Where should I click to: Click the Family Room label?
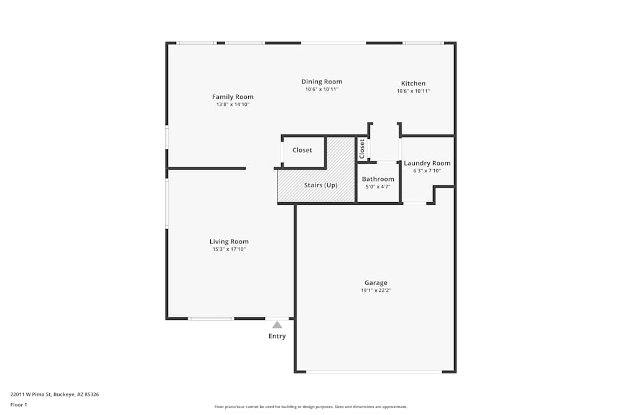(x=233, y=96)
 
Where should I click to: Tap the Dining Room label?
(x=322, y=82)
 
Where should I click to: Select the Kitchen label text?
(x=413, y=83)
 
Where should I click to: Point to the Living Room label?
(x=229, y=241)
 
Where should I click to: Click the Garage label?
(x=376, y=282)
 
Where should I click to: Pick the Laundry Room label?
(x=427, y=163)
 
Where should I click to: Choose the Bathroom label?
(x=378, y=179)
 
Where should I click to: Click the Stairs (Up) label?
(x=320, y=185)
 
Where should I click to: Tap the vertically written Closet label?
(x=362, y=149)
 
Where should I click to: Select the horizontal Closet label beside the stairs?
(x=302, y=150)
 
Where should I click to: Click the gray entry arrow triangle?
(x=277, y=324)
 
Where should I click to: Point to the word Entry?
(x=277, y=336)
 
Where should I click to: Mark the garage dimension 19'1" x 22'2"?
(x=376, y=290)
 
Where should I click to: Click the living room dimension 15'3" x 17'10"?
(x=229, y=249)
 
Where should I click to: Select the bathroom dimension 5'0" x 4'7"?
(x=378, y=187)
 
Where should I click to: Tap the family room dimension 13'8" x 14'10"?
(x=233, y=105)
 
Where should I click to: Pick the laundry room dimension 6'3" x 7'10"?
(x=427, y=170)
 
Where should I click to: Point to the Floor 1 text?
(x=19, y=404)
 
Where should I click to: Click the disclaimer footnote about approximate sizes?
(x=310, y=407)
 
